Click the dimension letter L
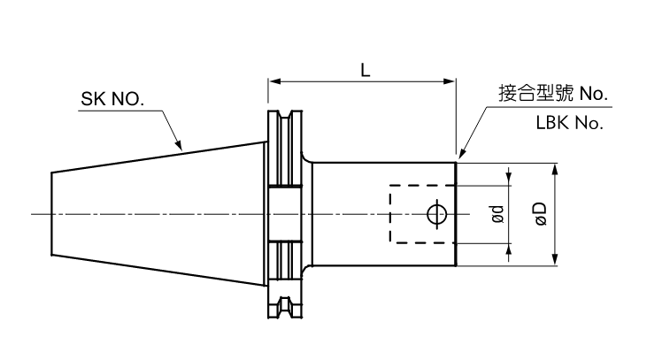point(365,69)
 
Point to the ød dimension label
point(498,214)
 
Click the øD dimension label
point(541,214)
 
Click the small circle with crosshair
point(435,214)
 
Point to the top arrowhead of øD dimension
point(555,167)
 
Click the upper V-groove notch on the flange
point(284,121)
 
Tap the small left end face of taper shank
point(50,214)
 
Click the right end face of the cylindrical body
point(456,214)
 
